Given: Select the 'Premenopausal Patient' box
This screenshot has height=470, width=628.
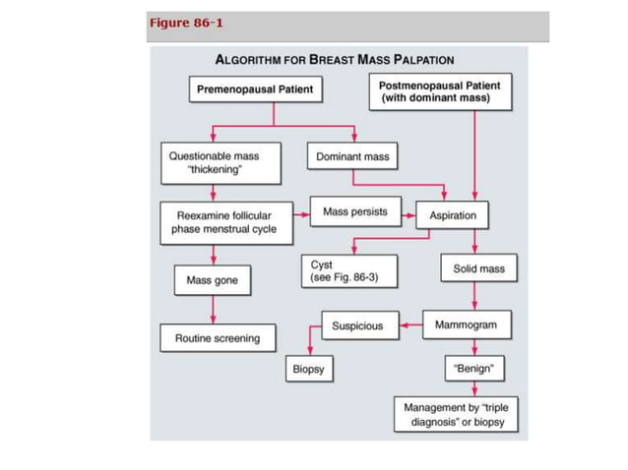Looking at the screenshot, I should tap(255, 90).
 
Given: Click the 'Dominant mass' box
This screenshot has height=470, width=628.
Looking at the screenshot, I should tap(352, 157).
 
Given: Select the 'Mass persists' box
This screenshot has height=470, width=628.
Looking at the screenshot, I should tap(354, 212).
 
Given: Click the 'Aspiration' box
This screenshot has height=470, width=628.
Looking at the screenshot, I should tap(453, 215).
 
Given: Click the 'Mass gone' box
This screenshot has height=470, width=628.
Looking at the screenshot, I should tap(212, 281).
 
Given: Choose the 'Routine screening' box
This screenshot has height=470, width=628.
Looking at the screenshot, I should tap(218, 338).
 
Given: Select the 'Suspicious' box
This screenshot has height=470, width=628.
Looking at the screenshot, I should tap(357, 325).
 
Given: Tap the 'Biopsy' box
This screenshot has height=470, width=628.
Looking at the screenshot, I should tap(308, 371).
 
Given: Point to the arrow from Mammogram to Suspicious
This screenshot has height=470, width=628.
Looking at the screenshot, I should tap(411, 325).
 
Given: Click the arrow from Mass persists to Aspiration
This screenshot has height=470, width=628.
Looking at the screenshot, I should tap(405, 212).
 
